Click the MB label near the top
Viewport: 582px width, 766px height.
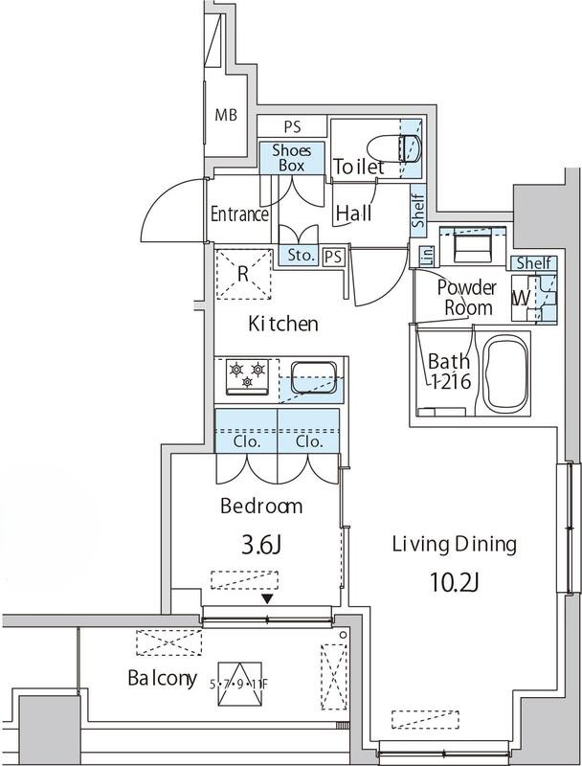(x=226, y=115)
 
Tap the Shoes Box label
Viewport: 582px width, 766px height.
(x=292, y=158)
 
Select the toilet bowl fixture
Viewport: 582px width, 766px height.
(x=393, y=148)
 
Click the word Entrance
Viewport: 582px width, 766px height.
(x=239, y=214)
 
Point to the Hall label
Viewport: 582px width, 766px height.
(x=353, y=213)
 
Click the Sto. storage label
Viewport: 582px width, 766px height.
(x=301, y=255)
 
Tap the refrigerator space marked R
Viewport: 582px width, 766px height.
(x=243, y=274)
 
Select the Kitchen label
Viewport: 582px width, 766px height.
(x=283, y=324)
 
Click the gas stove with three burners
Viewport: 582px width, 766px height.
(x=247, y=376)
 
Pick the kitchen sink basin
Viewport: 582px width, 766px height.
(x=314, y=376)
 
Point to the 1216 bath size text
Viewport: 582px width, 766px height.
(x=450, y=381)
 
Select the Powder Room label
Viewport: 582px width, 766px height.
(x=467, y=298)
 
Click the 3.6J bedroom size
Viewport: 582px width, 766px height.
(x=261, y=546)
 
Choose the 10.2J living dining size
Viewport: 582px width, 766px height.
(x=454, y=582)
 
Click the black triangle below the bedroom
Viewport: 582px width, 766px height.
(x=267, y=598)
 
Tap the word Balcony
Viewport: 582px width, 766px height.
(x=163, y=678)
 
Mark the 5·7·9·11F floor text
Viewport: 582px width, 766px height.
(x=238, y=684)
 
